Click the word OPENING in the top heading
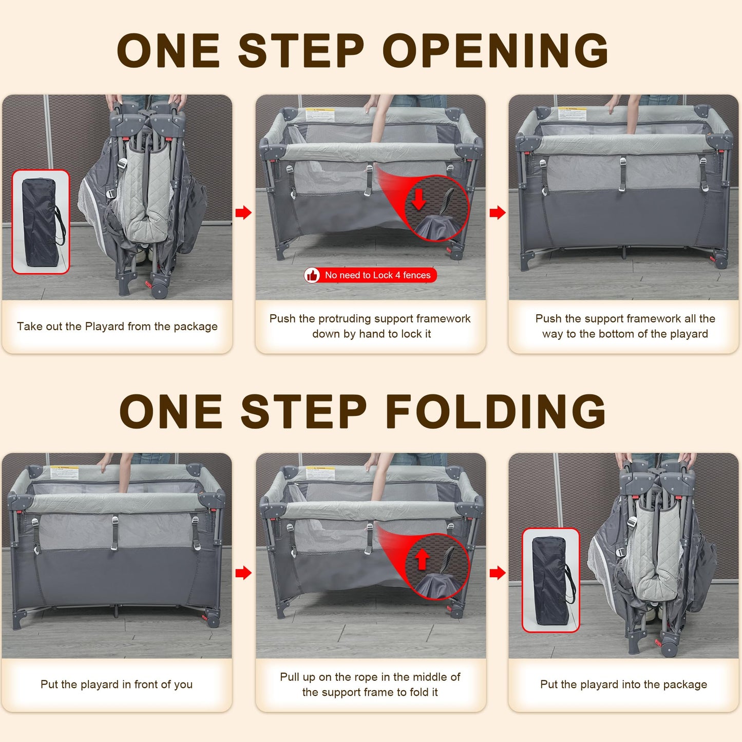click(496, 50)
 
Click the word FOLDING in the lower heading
click(496, 411)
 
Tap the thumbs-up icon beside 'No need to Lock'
click(312, 275)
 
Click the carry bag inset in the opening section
click(41, 222)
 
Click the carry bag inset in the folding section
click(550, 580)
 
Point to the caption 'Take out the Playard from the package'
click(117, 327)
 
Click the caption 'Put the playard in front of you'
click(116, 684)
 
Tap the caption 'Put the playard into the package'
click(623, 684)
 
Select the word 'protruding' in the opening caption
click(345, 319)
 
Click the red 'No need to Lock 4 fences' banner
click(370, 275)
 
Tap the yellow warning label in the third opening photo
click(572, 113)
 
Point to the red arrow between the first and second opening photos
click(243, 212)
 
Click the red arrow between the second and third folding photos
click(498, 573)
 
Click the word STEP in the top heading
click(301, 50)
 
